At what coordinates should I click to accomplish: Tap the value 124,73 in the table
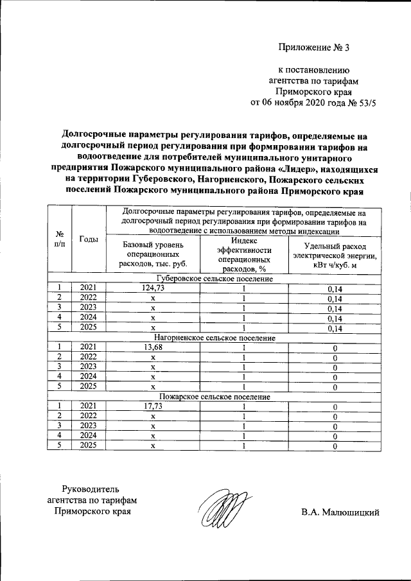click(153, 289)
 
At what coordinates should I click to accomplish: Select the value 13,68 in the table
click(153, 347)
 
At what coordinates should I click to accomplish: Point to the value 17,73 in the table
click(153, 406)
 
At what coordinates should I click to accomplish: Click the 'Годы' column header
click(89, 239)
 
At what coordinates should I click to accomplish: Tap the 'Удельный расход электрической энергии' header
click(334, 254)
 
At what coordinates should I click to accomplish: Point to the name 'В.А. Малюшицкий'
click(340, 512)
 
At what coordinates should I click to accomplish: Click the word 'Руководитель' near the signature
click(90, 489)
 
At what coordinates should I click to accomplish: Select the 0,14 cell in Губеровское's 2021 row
click(334, 289)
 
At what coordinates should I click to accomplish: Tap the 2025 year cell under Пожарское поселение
click(89, 446)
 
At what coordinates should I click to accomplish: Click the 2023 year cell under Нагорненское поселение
click(89, 367)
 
